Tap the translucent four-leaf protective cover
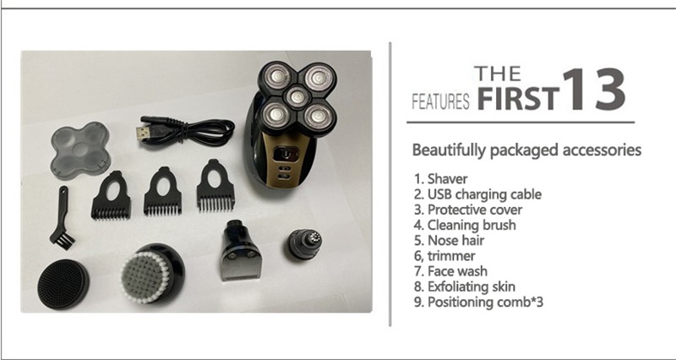tap(80, 148)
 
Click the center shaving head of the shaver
tap(297, 96)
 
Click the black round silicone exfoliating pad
tap(63, 284)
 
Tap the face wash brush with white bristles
tap(152, 273)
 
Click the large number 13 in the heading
tap(593, 90)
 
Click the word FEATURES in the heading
tap(440, 101)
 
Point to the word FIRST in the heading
tap(518, 99)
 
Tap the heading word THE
tap(497, 74)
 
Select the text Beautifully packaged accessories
tap(526, 150)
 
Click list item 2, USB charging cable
tap(477, 194)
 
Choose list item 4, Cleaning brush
tap(465, 225)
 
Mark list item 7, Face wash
tap(451, 271)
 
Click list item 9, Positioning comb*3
tap(478, 303)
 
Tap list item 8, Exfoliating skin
tap(465, 286)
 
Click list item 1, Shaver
tap(440, 179)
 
